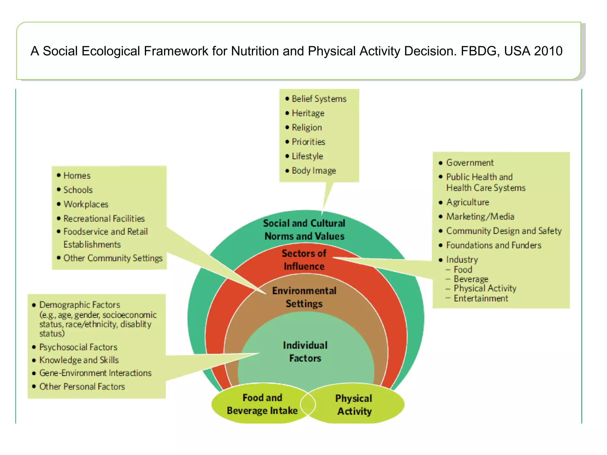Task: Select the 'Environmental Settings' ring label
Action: (x=304, y=297)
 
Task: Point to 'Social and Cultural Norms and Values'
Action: (x=304, y=230)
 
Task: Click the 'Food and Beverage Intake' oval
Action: (x=262, y=404)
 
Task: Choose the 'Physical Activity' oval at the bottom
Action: (x=354, y=405)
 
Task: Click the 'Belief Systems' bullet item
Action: (x=319, y=99)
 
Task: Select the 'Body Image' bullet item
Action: (x=314, y=171)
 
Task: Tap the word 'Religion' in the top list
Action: (x=307, y=127)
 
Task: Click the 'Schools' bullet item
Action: (x=78, y=190)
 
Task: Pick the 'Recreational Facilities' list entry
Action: (x=104, y=219)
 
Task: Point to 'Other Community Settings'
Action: (x=113, y=258)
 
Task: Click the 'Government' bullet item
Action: (x=470, y=163)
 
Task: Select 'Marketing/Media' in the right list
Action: (x=480, y=217)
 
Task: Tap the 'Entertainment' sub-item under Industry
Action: (x=481, y=298)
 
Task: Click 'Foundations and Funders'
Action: (x=494, y=245)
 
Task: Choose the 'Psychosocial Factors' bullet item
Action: (x=78, y=347)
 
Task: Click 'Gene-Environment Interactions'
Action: (x=95, y=373)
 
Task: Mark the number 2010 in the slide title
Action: (x=548, y=51)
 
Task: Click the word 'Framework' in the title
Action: (x=176, y=51)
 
